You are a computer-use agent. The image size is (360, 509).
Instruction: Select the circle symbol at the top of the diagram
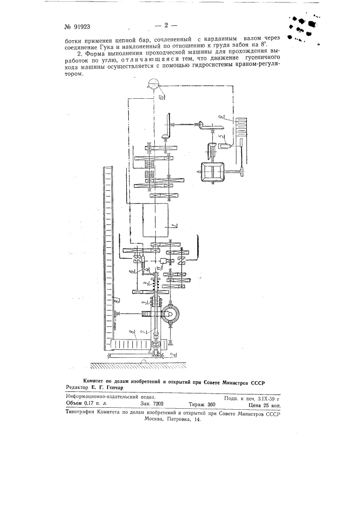pyautogui.click(x=152, y=84)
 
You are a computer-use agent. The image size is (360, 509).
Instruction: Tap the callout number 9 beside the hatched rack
pyautogui.click(x=222, y=138)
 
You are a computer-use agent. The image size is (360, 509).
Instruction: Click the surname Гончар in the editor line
pyautogui.click(x=113, y=387)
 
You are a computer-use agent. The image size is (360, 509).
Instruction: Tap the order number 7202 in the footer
pyautogui.click(x=156, y=404)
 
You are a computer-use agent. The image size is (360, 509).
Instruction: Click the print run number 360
pyautogui.click(x=211, y=405)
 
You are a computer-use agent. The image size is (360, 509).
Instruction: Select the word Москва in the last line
pyautogui.click(x=154, y=419)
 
